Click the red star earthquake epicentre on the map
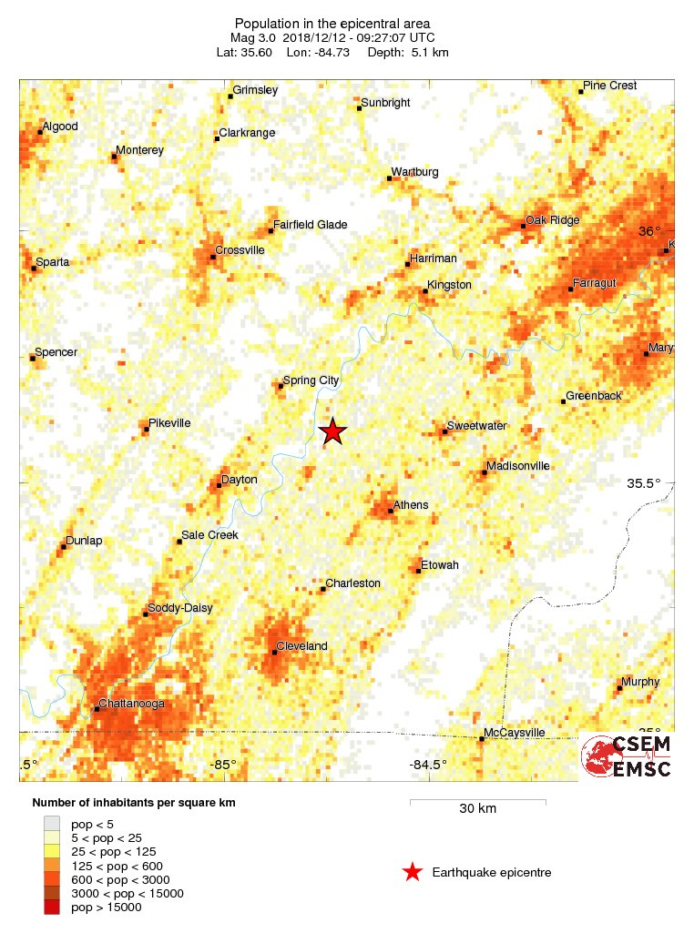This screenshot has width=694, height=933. click(333, 431)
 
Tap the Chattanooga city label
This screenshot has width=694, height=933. click(133, 705)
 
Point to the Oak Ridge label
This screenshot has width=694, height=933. click(554, 220)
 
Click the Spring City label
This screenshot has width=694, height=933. click(311, 380)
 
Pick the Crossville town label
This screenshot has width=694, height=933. click(240, 250)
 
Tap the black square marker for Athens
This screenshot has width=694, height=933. click(391, 512)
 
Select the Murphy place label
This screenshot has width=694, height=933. click(640, 683)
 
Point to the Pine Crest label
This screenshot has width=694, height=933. click(610, 86)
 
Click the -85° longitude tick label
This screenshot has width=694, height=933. click(222, 765)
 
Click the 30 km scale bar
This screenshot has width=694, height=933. click(477, 802)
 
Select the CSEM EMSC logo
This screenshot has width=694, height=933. click(627, 756)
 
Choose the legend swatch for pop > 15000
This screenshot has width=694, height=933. click(52, 907)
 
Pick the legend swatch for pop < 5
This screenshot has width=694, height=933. click(52, 822)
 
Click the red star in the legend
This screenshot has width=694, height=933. click(413, 872)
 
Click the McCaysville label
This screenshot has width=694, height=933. click(515, 732)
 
